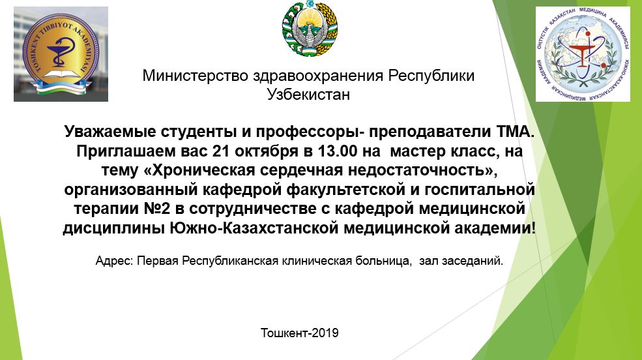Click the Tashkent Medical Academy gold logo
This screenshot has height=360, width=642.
(61, 55)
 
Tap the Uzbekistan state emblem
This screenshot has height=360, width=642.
(310, 28)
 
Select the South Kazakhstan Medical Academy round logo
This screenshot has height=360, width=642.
(583, 54)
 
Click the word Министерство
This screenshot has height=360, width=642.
(196, 76)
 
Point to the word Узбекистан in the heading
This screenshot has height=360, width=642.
(308, 95)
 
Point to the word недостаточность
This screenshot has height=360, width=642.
(422, 170)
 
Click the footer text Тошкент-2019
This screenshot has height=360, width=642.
(300, 333)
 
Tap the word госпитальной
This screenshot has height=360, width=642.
(480, 190)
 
